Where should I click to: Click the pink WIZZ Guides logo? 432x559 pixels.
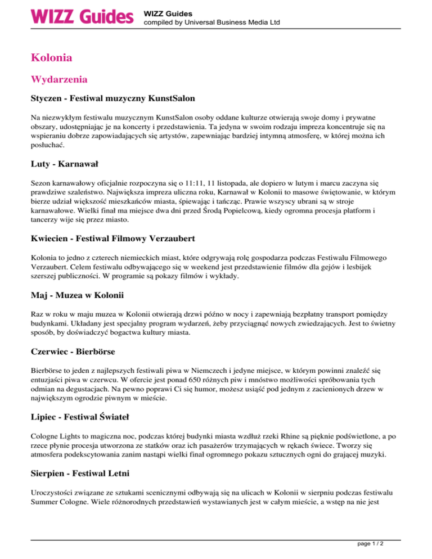(82, 16)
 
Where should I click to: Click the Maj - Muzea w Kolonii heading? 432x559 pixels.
(77, 295)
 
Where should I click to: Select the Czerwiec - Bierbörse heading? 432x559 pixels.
(73, 353)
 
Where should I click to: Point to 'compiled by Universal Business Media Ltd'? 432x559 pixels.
(212, 22)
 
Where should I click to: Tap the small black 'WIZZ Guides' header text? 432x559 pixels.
(168, 12)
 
